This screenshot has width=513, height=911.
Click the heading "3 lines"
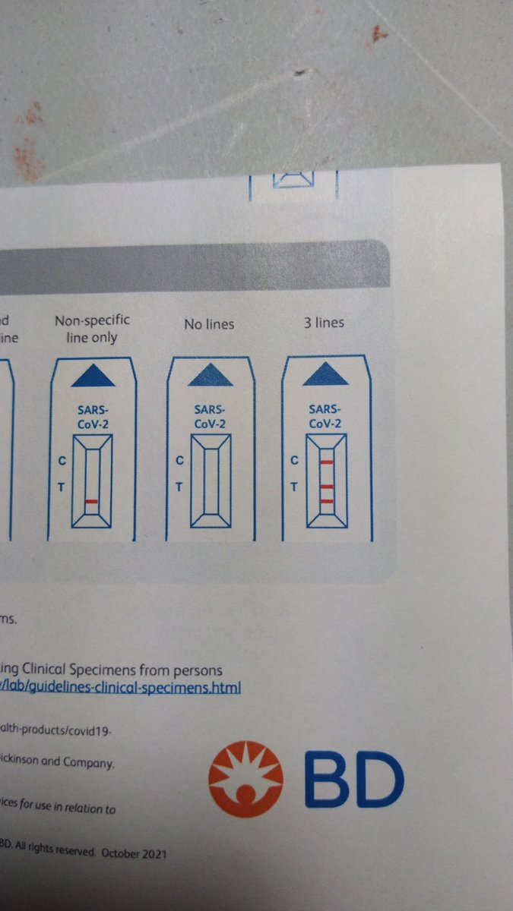click(x=324, y=323)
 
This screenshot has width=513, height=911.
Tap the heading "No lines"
click(x=209, y=324)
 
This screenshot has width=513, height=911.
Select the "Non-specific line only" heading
click(x=92, y=329)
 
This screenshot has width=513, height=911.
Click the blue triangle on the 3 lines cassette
click(x=325, y=374)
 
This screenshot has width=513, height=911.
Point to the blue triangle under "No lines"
click(x=210, y=374)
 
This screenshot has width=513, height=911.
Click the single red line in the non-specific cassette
click(x=92, y=501)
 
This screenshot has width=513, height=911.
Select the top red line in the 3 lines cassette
click(x=327, y=462)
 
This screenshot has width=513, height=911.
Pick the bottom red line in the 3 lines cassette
click(x=327, y=500)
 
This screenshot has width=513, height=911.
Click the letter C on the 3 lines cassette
click(x=295, y=460)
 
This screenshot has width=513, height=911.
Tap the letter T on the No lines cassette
click(x=179, y=487)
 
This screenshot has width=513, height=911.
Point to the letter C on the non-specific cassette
click(x=62, y=460)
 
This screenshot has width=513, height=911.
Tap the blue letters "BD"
click(x=353, y=774)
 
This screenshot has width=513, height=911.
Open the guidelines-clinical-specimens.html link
click(x=122, y=689)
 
